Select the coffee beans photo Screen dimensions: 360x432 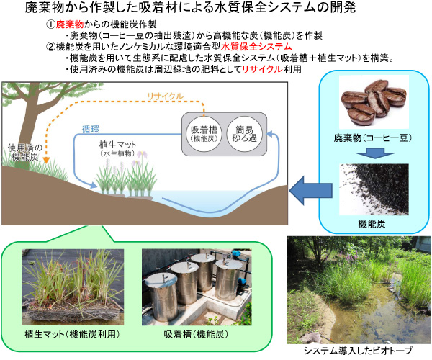[372, 104]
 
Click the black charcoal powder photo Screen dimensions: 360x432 [372, 188]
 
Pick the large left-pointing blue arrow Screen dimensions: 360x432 [304, 189]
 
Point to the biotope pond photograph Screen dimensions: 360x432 [358, 288]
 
